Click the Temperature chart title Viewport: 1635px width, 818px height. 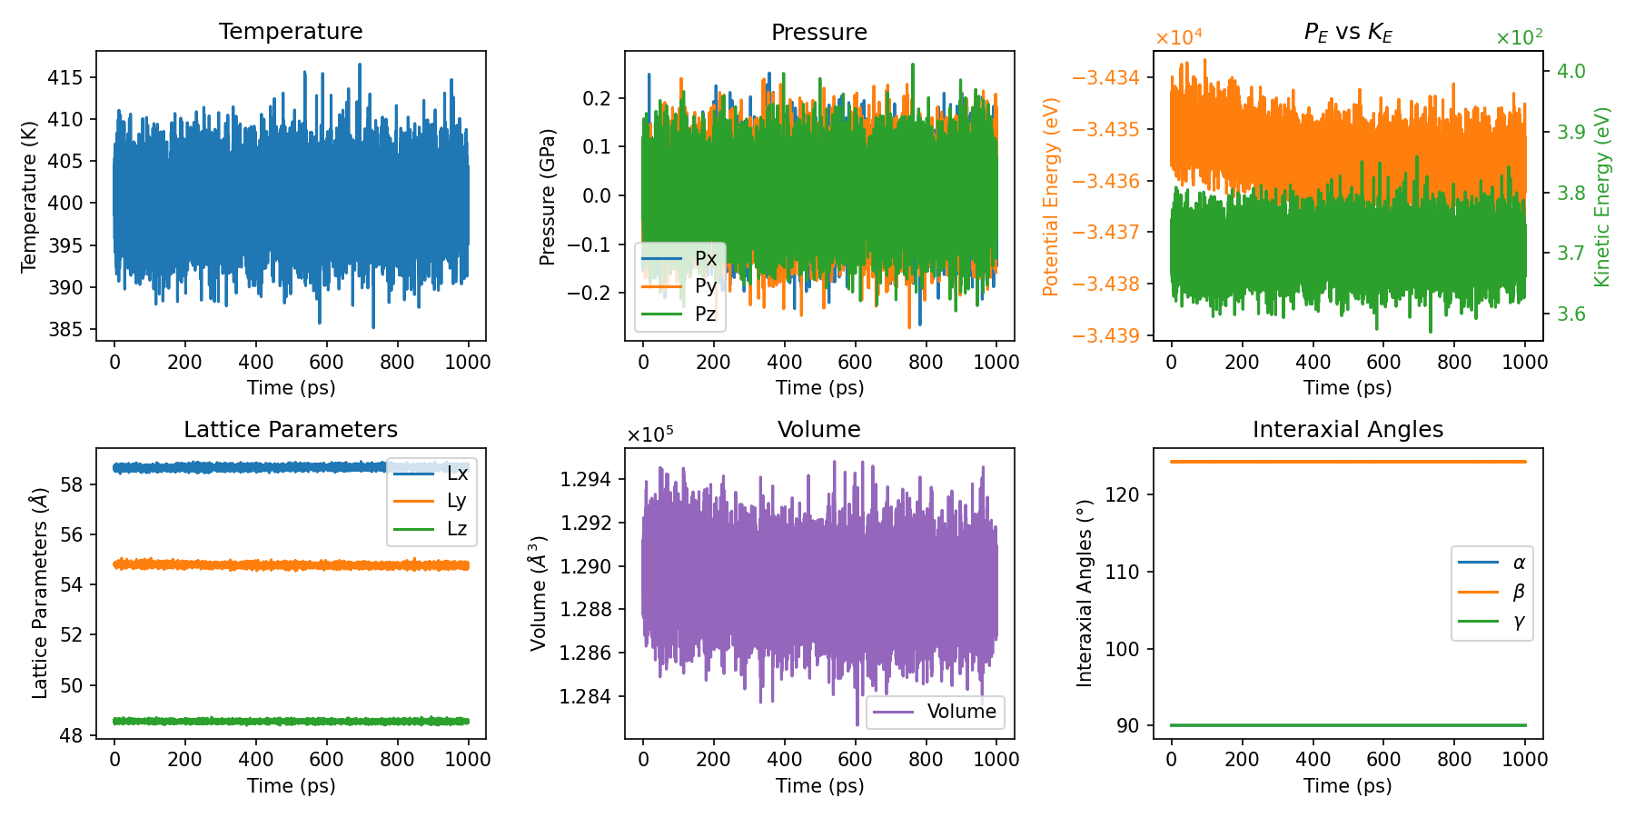(291, 31)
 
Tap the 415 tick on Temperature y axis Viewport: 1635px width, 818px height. (65, 77)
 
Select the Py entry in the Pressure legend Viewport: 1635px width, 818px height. (705, 286)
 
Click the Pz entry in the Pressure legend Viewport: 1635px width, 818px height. (705, 314)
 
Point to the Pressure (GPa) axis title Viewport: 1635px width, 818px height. (547, 196)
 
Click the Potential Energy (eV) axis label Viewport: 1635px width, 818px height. (1051, 196)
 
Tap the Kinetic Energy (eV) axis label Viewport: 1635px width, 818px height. (1602, 196)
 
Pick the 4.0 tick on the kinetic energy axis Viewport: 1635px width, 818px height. (1571, 72)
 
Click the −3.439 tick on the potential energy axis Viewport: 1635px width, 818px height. (1105, 335)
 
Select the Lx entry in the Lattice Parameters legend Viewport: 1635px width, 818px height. (457, 474)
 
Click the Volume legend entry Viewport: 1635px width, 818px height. (960, 712)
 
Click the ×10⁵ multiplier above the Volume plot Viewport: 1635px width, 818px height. (649, 434)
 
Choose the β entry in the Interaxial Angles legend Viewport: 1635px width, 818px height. (1518, 593)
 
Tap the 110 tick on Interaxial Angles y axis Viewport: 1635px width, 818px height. (1123, 572)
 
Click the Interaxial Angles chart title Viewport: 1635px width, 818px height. (1347, 429)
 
